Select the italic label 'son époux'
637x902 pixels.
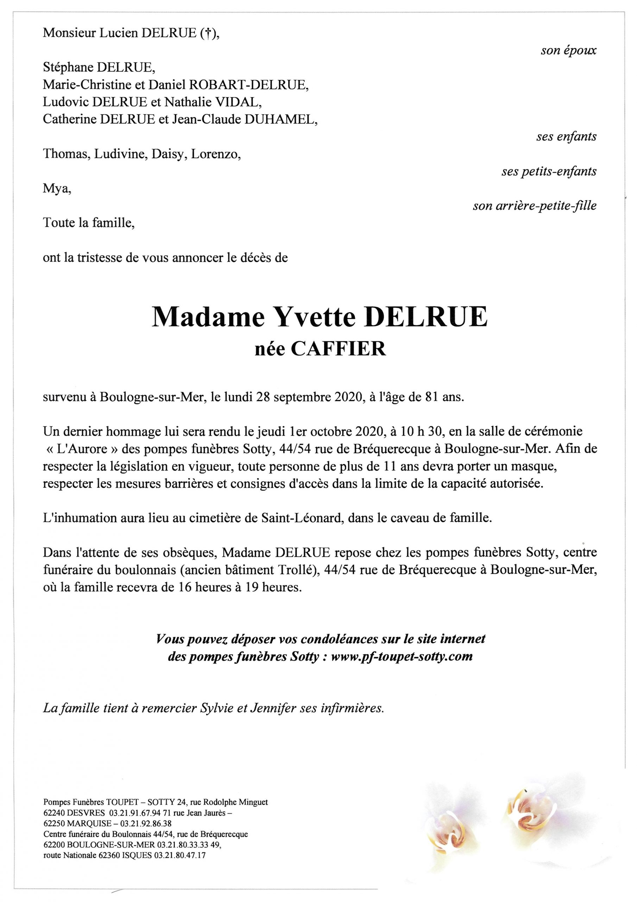[568, 51]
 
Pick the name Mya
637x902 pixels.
[57, 189]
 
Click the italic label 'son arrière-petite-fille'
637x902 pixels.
[534, 205]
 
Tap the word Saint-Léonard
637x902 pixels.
[300, 518]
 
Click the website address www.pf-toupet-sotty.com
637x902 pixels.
[402, 656]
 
